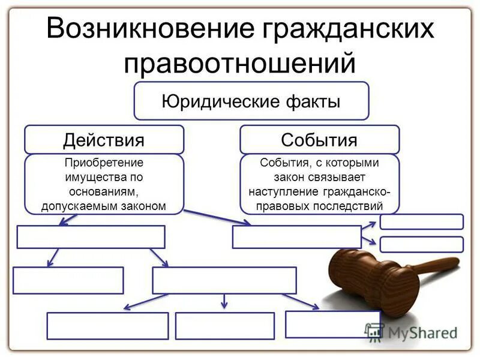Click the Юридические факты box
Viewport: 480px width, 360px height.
click(x=251, y=101)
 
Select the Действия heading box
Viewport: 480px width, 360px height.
click(x=104, y=140)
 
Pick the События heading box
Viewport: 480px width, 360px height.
click(x=319, y=140)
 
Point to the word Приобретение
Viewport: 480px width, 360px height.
click(x=104, y=163)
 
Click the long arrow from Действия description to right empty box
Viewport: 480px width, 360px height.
click(x=217, y=217)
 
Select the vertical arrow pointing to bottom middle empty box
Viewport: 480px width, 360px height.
click(x=224, y=301)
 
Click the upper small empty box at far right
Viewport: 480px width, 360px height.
click(x=421, y=221)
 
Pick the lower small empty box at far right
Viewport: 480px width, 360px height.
click(x=421, y=244)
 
